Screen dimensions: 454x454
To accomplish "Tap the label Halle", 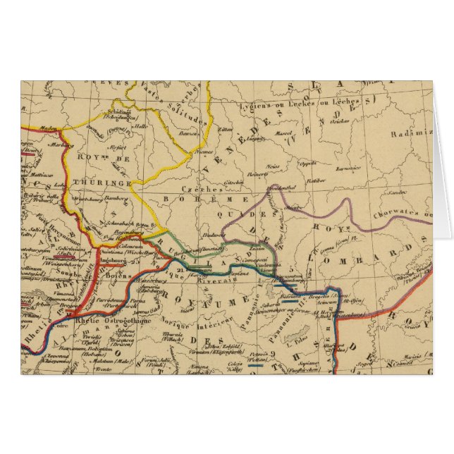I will coord(161,128).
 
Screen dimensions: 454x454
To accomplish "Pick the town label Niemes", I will coord(203,152).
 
